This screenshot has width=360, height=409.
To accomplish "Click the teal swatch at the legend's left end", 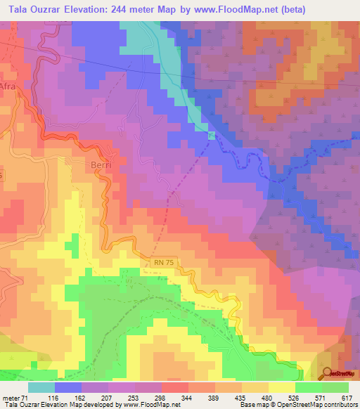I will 41,387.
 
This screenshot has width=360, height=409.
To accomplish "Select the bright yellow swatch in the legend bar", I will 281,387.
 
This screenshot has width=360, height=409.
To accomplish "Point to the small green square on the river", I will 212,136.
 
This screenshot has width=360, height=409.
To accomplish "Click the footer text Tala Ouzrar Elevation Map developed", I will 63,405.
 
